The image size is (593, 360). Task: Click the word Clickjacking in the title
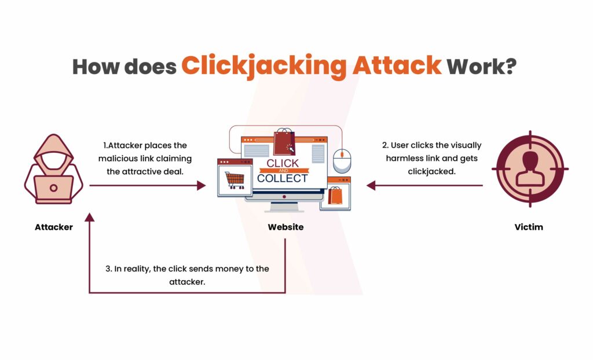pos(263,66)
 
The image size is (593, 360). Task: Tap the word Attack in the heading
pos(397,65)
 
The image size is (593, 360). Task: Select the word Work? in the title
pos(481,66)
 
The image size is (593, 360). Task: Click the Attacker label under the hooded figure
pos(54,227)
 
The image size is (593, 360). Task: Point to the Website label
pos(285,227)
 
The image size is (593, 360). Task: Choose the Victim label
pos(529,227)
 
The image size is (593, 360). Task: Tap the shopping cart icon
pos(235,181)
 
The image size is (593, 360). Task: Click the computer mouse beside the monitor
pos(342,161)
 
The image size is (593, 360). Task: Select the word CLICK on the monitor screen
pos(283,163)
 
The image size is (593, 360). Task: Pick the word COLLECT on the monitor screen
pos(283,178)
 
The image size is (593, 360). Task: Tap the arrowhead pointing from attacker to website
pos(201,185)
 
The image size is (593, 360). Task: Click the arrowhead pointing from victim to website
pos(371,185)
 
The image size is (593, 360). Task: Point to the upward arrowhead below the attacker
pos(90,217)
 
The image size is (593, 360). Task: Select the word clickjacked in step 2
pos(431,172)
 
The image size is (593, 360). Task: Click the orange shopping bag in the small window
pos(335,196)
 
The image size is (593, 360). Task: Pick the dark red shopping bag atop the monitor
pos(284,142)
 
